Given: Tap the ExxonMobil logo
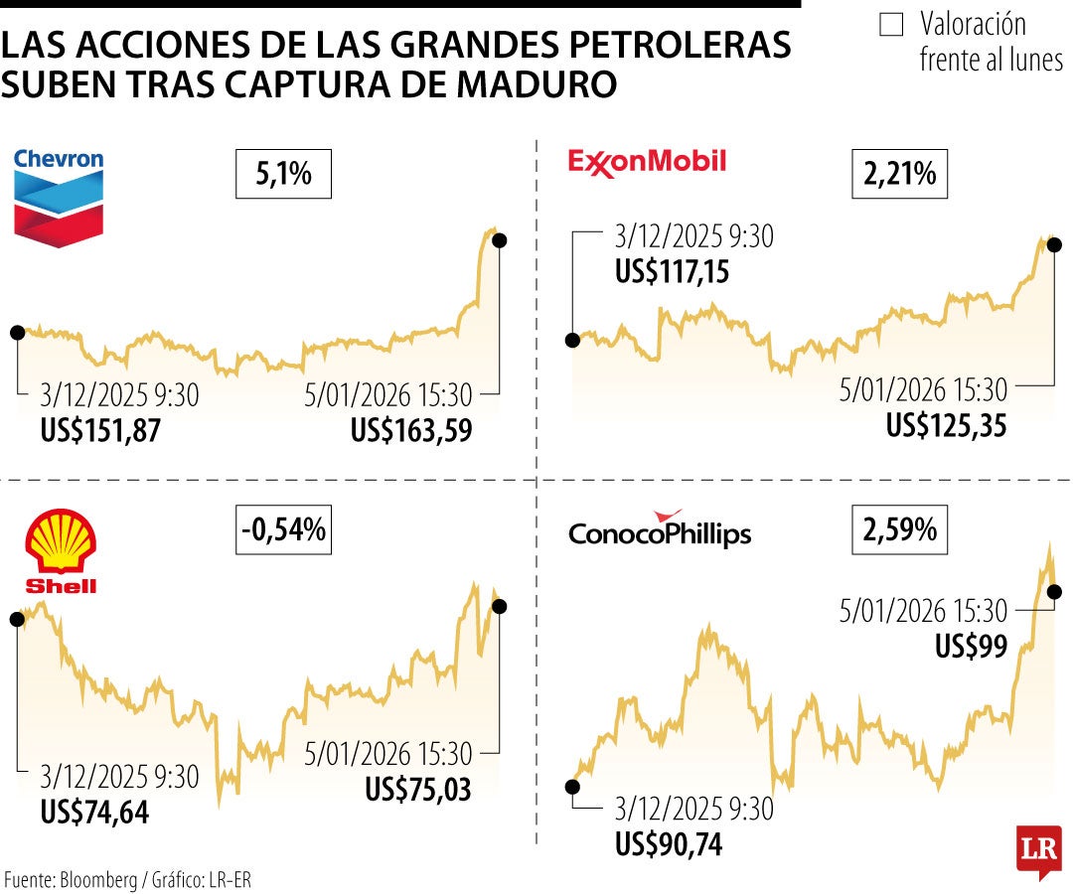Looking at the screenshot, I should [647, 161].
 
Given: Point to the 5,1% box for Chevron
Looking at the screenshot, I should [283, 175].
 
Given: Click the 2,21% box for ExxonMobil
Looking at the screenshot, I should [900, 175].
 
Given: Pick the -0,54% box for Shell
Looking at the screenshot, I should [283, 530].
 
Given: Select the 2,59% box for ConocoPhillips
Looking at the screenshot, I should [900, 530].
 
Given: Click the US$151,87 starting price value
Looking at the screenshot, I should [100, 430].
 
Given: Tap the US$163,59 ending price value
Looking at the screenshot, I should [410, 430].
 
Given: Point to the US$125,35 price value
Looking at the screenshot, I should [947, 425].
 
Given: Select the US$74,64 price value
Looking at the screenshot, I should [94, 811].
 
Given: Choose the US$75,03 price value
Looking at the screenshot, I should [417, 789].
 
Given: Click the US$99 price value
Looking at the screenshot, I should [971, 646].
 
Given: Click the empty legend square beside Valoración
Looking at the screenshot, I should [891, 25].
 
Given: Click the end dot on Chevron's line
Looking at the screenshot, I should [499, 240].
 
